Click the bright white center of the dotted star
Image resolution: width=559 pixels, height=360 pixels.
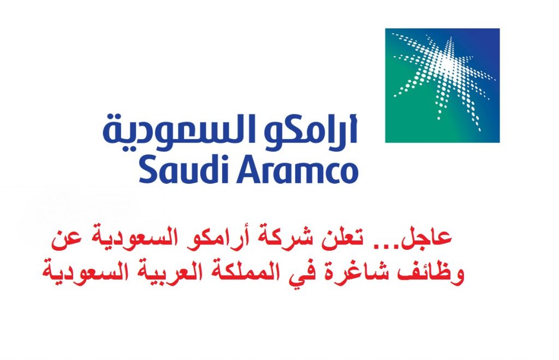447,65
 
